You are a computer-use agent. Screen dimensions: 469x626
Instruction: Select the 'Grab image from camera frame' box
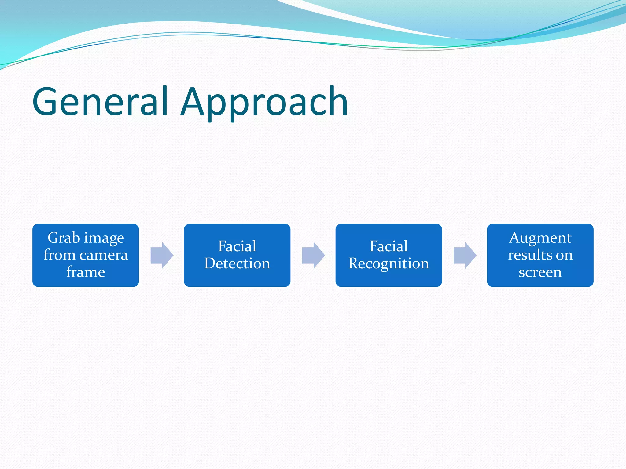[x=86, y=255]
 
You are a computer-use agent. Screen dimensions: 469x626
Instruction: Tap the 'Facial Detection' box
[x=237, y=255]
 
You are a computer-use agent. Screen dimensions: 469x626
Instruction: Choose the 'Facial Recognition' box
[x=388, y=255]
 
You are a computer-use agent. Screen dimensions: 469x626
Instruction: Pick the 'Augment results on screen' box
[x=540, y=255]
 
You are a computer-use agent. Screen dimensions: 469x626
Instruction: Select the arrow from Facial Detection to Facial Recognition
[x=313, y=255]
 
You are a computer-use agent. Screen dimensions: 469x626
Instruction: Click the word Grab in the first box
[x=64, y=238]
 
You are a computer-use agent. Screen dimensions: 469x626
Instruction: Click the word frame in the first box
[x=86, y=272]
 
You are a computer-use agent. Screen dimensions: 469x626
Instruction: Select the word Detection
[x=237, y=264]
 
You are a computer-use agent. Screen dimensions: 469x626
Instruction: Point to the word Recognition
[x=388, y=264]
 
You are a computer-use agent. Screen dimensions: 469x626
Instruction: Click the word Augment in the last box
[x=540, y=238]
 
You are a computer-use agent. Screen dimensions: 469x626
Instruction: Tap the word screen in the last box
[x=540, y=272]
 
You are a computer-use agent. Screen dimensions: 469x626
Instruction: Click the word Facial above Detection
[x=237, y=246]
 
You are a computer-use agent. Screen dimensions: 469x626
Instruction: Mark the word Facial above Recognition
[x=388, y=246]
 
